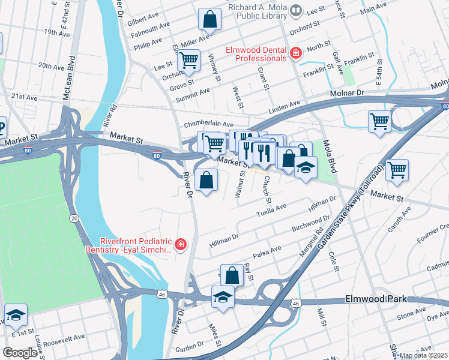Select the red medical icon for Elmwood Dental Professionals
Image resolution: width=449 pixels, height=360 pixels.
coord(295,54)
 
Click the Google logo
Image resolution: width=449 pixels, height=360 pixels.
coord(20,352)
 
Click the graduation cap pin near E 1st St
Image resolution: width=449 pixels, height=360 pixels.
coord(16,314)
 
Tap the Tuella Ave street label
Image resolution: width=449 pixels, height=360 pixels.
coord(272,210)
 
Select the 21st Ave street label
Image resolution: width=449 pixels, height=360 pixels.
coord(24,97)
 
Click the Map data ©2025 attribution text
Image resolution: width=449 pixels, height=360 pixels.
coord(423,355)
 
